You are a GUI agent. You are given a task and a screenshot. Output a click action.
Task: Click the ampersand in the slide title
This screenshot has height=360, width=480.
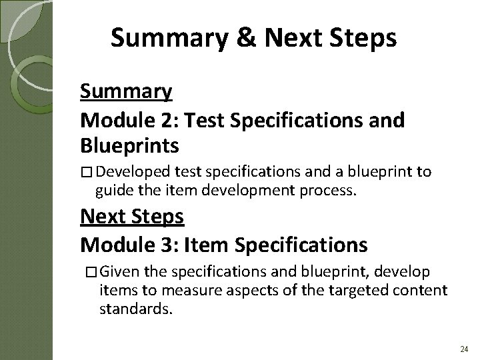tap(245, 39)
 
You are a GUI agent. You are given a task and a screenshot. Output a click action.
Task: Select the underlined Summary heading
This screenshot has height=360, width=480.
tap(127, 91)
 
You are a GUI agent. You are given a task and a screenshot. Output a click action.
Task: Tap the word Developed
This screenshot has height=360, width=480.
tap(132, 173)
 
